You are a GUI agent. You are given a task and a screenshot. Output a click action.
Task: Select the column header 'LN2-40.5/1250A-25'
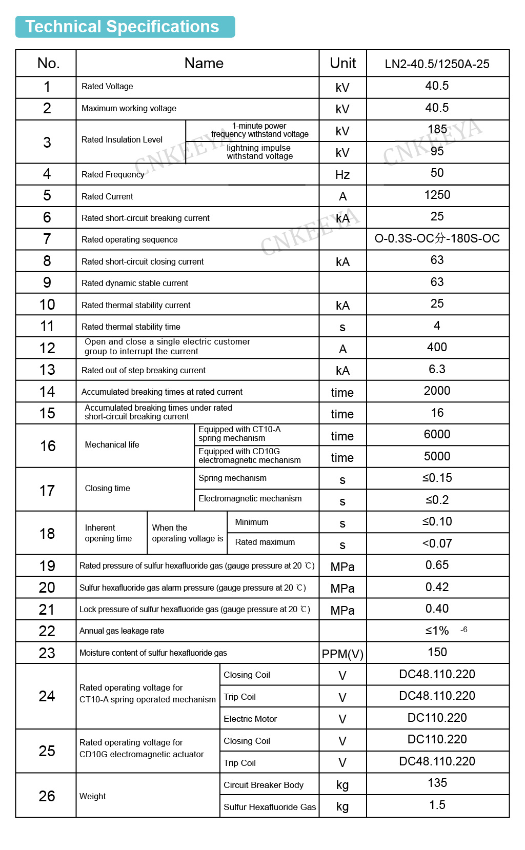click(x=437, y=64)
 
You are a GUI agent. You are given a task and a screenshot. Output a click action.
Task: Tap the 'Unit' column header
click(x=342, y=63)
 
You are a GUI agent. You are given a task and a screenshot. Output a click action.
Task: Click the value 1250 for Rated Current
click(x=437, y=195)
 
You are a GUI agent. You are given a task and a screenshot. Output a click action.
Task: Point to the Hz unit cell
click(x=342, y=175)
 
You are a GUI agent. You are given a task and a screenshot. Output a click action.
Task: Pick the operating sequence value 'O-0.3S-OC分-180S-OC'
click(x=437, y=238)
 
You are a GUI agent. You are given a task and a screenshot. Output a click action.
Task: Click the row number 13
click(x=47, y=370)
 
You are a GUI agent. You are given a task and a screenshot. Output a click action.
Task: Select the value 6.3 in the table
click(x=437, y=369)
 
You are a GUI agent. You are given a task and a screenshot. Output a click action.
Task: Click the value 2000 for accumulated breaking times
click(x=437, y=391)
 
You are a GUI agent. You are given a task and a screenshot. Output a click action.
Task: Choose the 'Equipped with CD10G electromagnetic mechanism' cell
click(x=250, y=456)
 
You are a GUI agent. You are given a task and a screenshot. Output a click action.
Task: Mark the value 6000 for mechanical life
click(x=437, y=434)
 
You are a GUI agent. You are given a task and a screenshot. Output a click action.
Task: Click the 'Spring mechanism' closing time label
click(x=232, y=478)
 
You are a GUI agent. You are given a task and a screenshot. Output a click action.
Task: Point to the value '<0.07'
click(x=437, y=543)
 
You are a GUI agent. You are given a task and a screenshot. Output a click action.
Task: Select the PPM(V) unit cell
click(x=342, y=654)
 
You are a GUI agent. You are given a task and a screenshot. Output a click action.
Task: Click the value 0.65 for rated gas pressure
click(x=437, y=565)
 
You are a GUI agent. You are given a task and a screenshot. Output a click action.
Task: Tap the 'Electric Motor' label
click(x=250, y=719)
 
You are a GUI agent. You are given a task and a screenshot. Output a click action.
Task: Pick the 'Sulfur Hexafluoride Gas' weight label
click(x=270, y=807)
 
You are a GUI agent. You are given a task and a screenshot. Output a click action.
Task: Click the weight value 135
click(x=437, y=783)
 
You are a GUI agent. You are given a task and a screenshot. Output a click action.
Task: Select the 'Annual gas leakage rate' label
click(x=122, y=631)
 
